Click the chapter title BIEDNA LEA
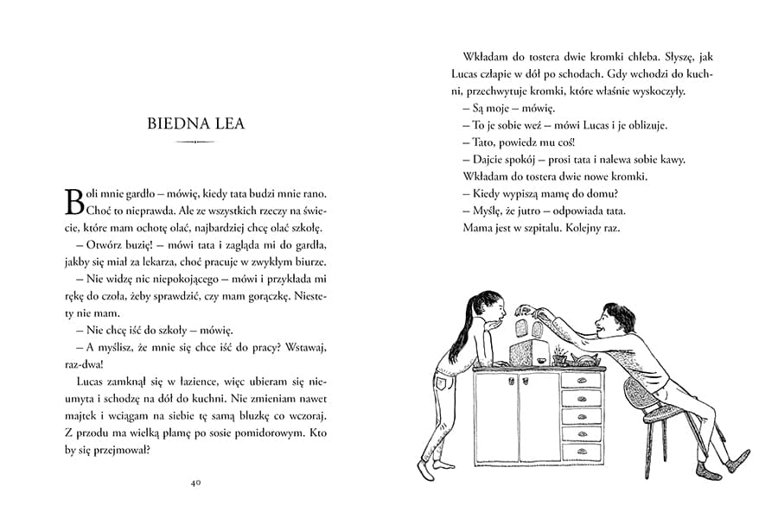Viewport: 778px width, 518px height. coord(195,123)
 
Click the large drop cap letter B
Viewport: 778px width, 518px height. coord(74,199)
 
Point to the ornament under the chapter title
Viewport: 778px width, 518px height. coord(195,142)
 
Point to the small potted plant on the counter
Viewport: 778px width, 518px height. coord(560,355)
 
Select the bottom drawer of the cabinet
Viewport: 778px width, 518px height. coord(581,451)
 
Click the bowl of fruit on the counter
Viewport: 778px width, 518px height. coord(583,358)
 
